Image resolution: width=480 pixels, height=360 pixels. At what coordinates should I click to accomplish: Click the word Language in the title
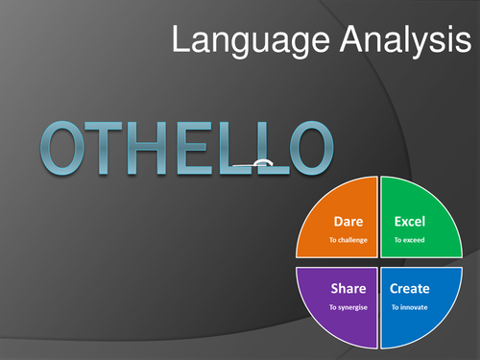pyautogui.click(x=237, y=40)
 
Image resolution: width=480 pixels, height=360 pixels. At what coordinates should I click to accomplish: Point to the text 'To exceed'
pyautogui.click(x=408, y=240)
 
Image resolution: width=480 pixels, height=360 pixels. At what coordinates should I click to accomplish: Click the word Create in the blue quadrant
pyautogui.click(x=411, y=289)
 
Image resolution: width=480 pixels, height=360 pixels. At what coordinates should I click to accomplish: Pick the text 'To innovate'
pyautogui.click(x=409, y=307)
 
